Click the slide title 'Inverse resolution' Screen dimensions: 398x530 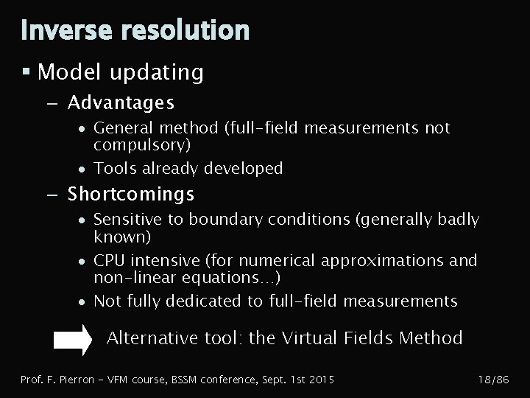coord(135,30)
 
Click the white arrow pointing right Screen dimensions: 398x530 coord(73,340)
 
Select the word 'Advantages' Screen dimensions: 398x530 coord(121,101)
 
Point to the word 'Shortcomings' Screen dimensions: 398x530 coord(131,194)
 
